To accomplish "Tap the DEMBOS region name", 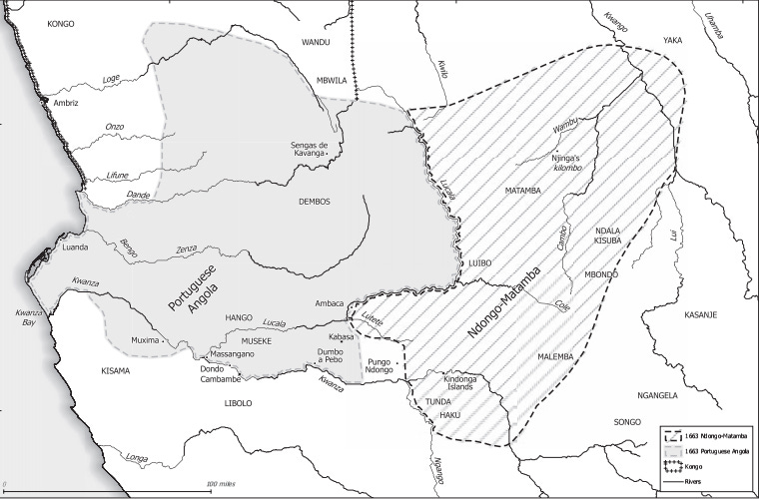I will coord(314,201).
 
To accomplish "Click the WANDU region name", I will coord(316,42).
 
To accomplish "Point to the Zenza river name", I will coord(185,249).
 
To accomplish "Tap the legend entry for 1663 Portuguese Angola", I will coord(717,451).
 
